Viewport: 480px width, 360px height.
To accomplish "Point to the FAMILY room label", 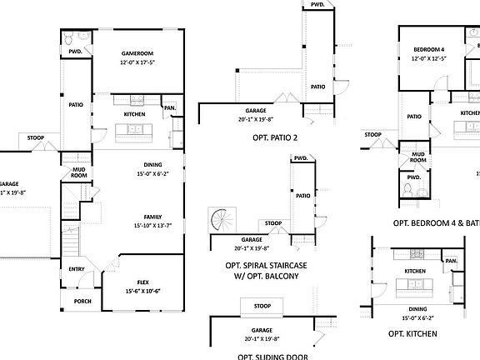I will pos(152,217).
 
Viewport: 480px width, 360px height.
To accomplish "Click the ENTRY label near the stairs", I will pos(77,269).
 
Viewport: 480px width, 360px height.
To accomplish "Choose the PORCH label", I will pos(82,302).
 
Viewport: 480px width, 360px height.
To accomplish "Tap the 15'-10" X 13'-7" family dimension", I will pos(152,226).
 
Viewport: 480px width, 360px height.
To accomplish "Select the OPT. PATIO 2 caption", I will pos(270,137).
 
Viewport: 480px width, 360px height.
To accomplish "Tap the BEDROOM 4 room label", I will pos(430,50).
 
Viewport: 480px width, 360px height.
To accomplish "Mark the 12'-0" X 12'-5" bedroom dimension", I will pos(430,59).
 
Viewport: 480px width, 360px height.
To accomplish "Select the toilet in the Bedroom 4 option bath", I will pos(407,191).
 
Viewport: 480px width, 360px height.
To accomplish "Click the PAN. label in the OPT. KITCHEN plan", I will pos(451,261).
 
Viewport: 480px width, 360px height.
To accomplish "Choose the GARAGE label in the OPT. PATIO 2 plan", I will pos(255,110).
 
